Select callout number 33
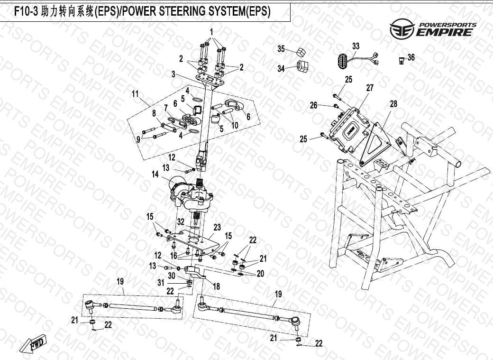coord(356,46)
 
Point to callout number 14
coord(155,175)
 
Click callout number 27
coord(370,88)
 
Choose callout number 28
coord(393,103)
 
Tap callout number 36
coord(411,57)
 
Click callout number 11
coord(135,94)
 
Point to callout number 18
coord(216,286)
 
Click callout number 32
coord(180,221)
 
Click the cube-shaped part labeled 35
coord(300,51)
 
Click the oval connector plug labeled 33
coord(341,61)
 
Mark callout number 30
coord(173,276)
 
